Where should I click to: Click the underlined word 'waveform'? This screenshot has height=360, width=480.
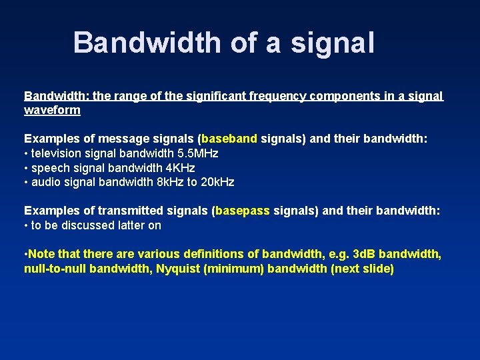pyautogui.click(x=52, y=110)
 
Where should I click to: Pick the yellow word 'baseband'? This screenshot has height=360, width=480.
pyautogui.click(x=229, y=139)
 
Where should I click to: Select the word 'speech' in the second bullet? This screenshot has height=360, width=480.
pyautogui.click(x=50, y=168)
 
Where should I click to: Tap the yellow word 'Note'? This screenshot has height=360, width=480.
pyautogui.click(x=42, y=254)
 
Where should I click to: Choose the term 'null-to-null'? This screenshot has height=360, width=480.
pyautogui.click(x=54, y=269)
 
